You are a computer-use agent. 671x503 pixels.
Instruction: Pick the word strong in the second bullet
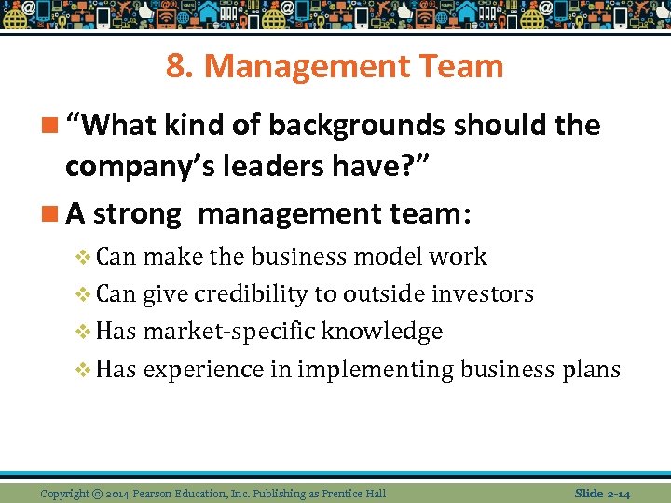[138, 214]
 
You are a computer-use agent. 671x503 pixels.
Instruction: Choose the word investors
[483, 294]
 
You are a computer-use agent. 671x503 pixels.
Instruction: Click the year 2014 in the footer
[119, 493]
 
